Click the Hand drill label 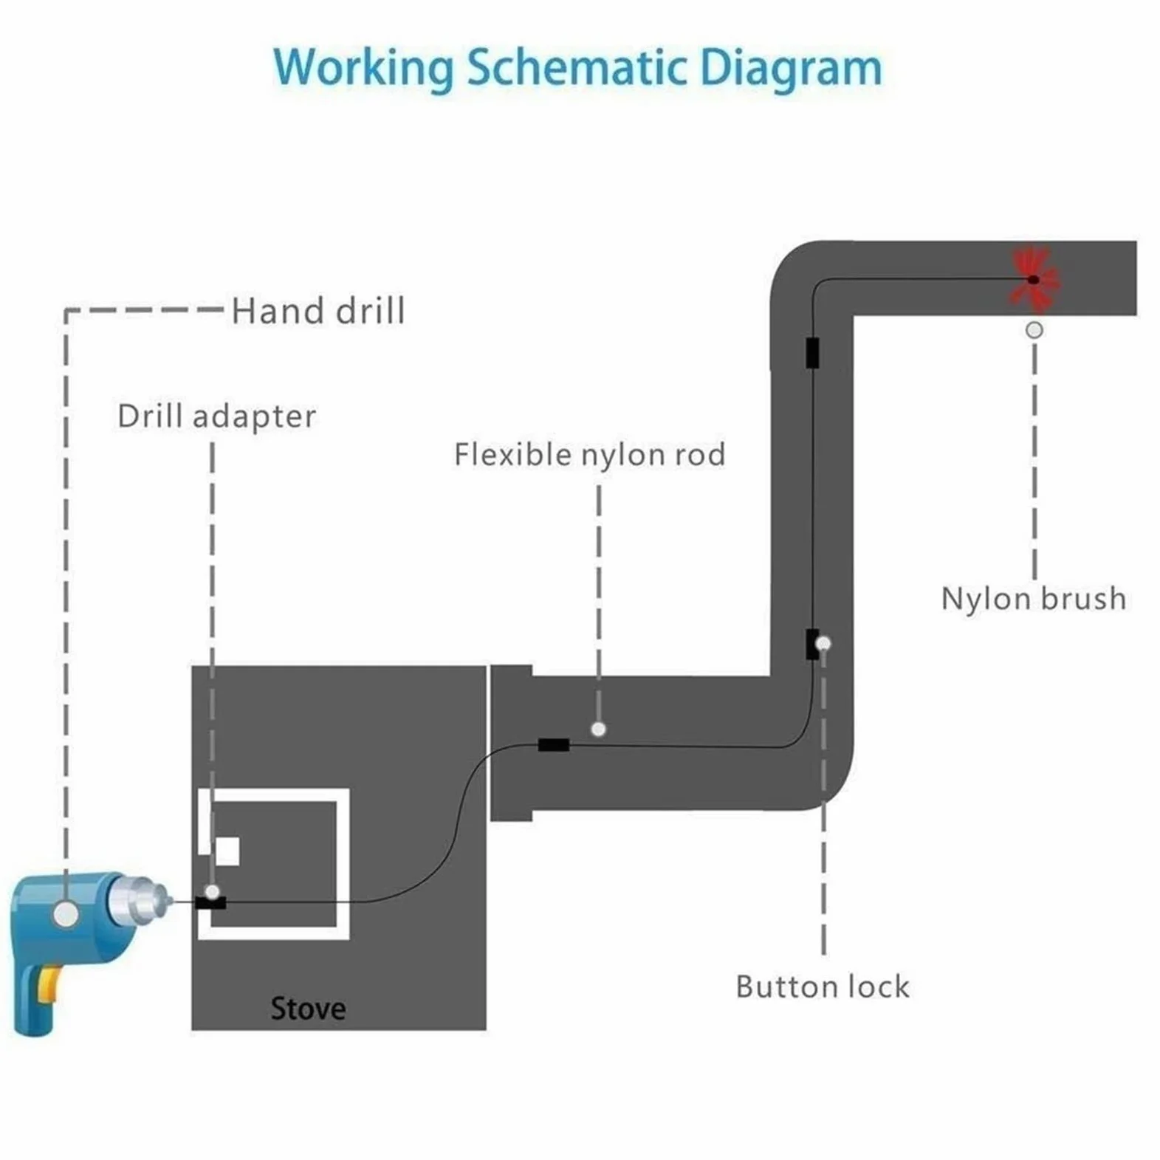pos(318,311)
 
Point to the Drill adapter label pos(217,416)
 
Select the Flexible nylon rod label pos(590,455)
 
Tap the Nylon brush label pos(1034,598)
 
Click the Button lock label pos(823,986)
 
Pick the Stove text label pos(308,1009)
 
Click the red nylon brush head pos(1034,279)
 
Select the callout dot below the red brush pos(1034,330)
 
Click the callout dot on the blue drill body pos(66,914)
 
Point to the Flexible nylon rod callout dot pos(599,730)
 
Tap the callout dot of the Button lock pos(823,644)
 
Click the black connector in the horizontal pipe pos(554,745)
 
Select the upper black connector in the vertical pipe pos(812,352)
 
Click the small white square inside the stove pos(227,851)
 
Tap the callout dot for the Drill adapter pos(212,892)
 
